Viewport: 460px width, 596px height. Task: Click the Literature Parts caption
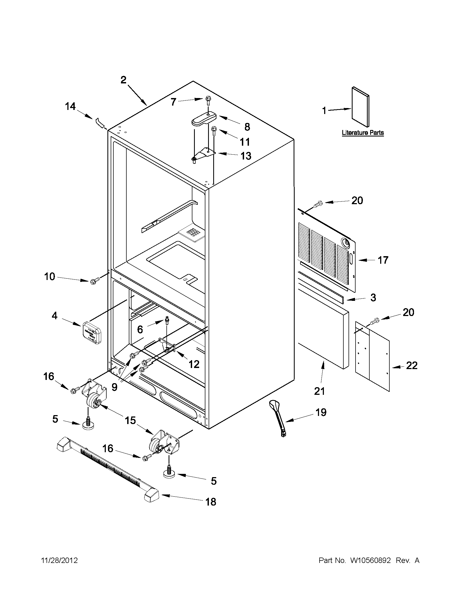pos(363,133)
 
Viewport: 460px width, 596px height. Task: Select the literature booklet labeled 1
pos(360,107)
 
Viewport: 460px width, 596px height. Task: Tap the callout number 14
pos(70,106)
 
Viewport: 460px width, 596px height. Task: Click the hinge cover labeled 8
pos(203,119)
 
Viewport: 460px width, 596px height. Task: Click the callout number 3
pos(373,297)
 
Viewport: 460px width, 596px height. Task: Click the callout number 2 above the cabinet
pos(123,80)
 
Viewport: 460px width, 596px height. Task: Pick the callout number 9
pos(114,387)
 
